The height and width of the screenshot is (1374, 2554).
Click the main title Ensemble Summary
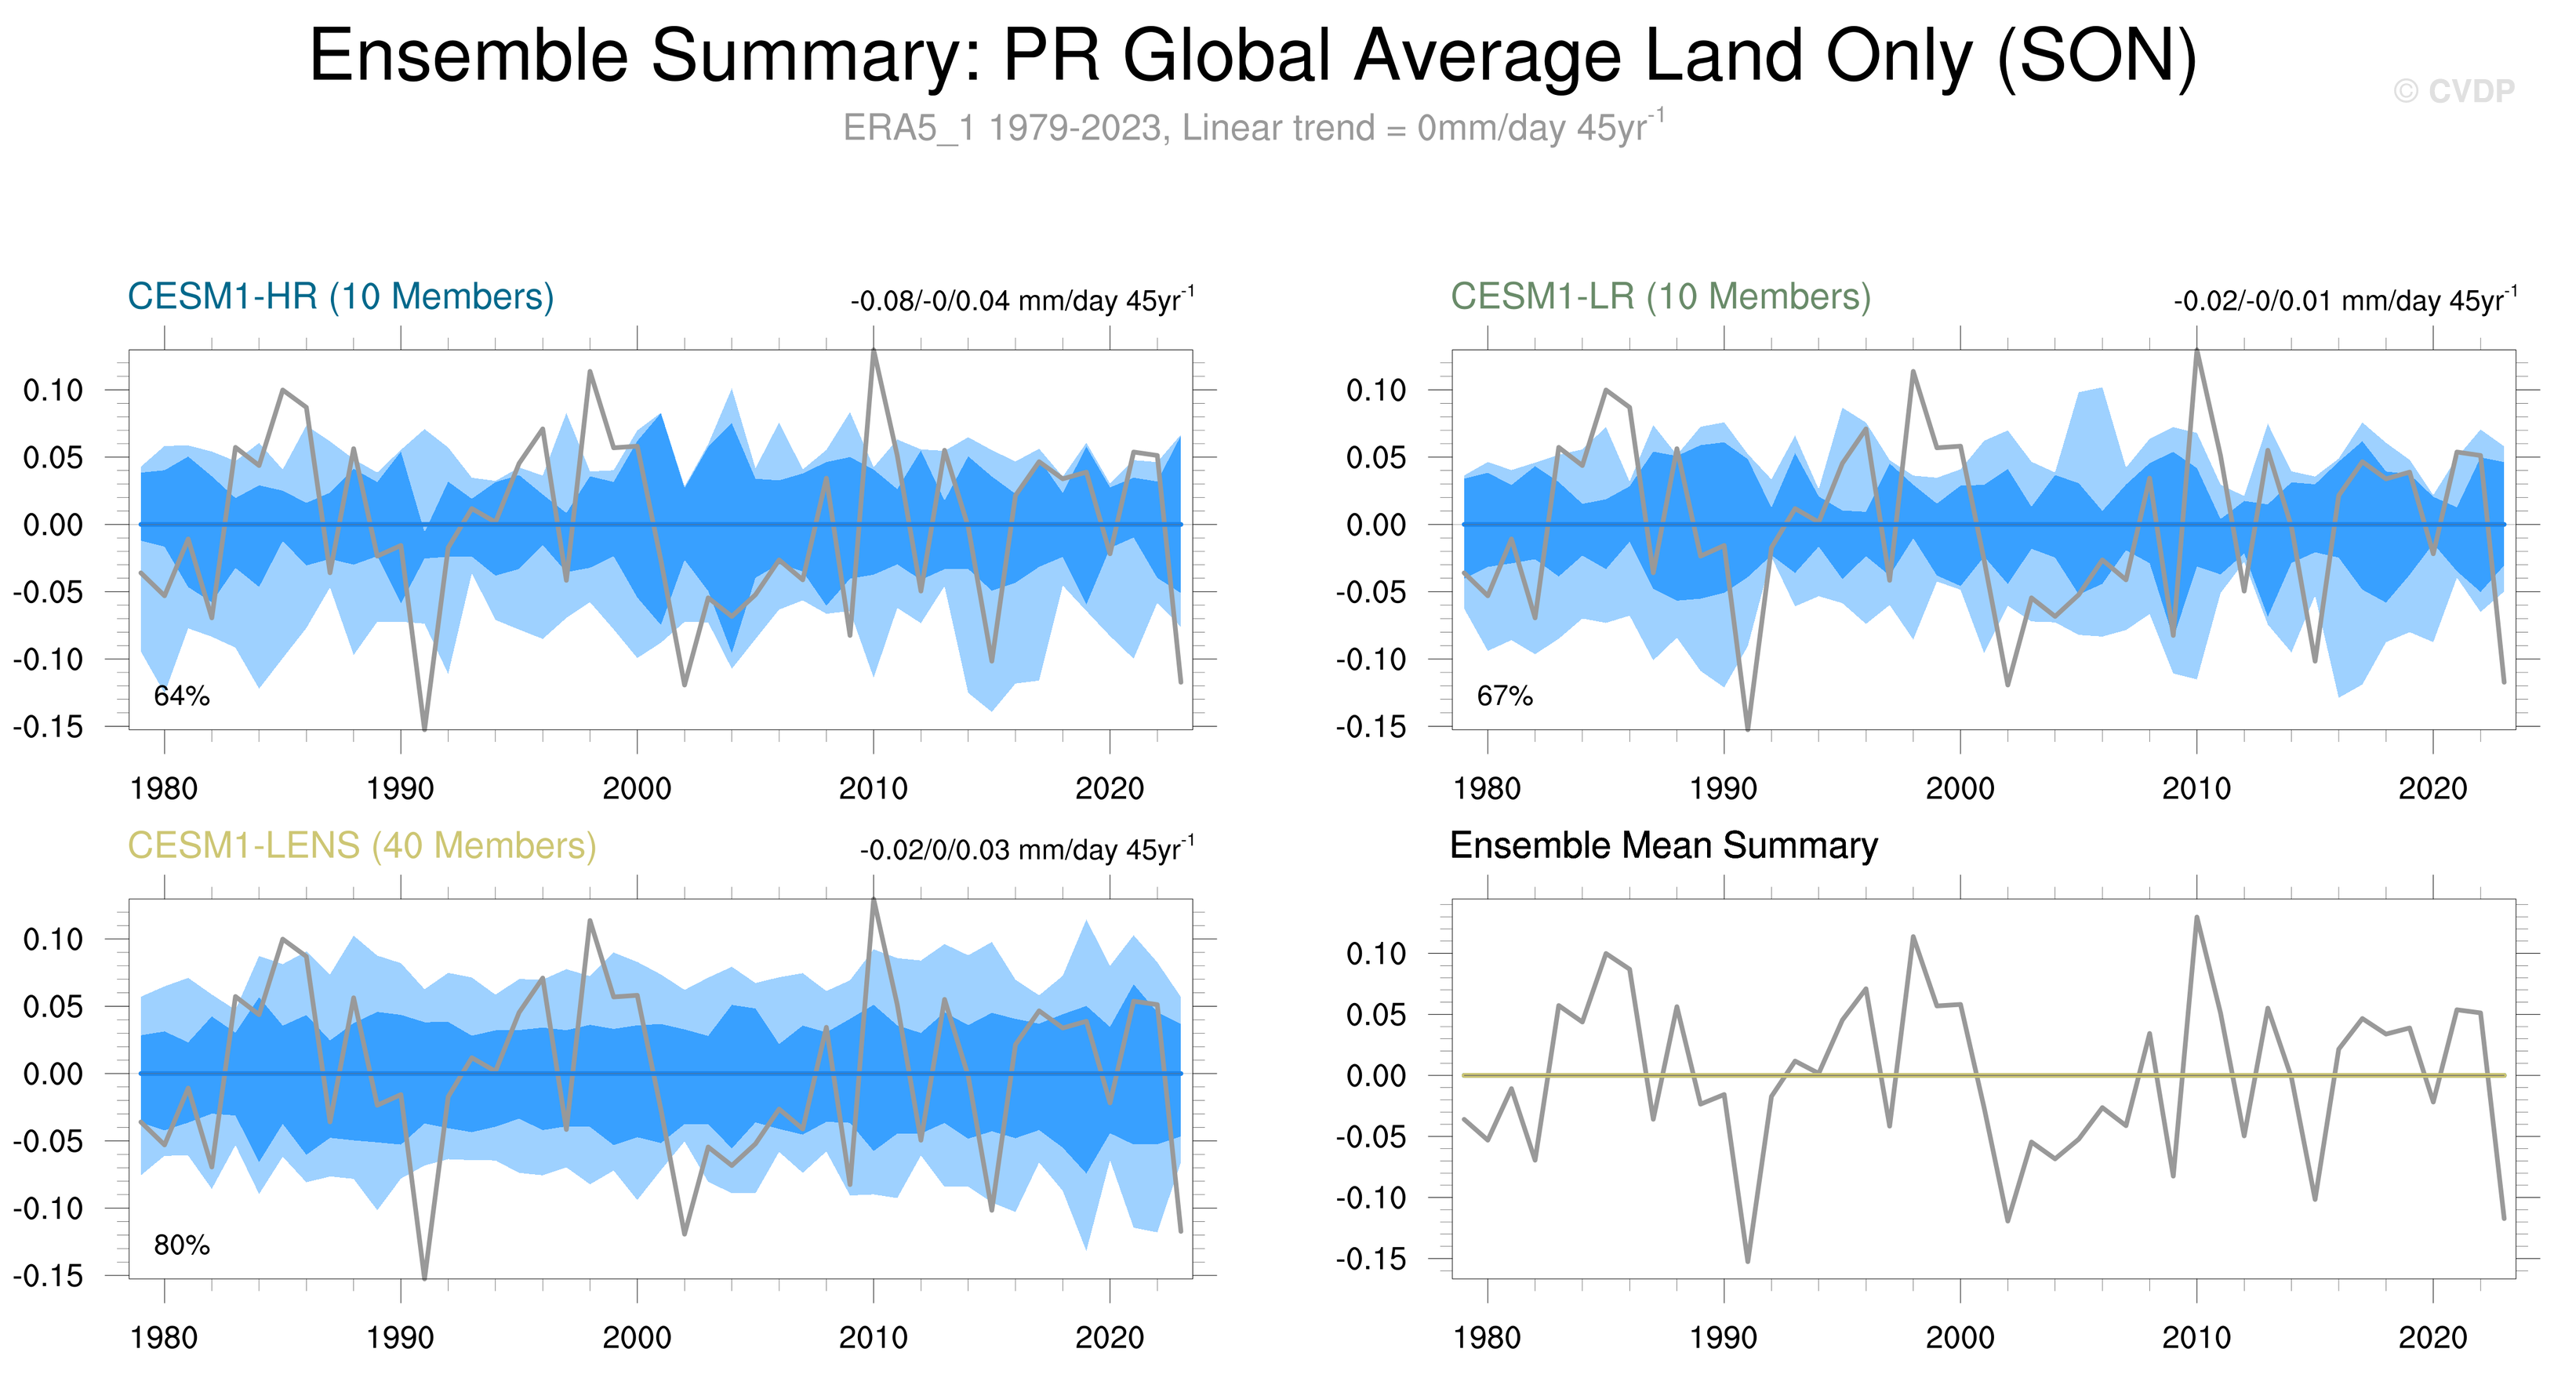(x=1253, y=56)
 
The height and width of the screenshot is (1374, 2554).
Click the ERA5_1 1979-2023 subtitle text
(x=1253, y=128)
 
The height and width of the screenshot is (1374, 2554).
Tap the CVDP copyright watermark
(x=2453, y=91)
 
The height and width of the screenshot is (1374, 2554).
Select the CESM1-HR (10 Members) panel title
(x=340, y=296)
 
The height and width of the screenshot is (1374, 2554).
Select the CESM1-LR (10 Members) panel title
(x=1661, y=296)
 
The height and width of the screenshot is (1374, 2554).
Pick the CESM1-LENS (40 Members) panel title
(x=361, y=845)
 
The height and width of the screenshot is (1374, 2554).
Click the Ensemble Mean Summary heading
(x=1664, y=845)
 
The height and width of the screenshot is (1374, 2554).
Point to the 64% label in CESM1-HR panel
(x=181, y=696)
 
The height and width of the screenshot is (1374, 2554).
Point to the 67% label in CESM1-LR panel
(x=1504, y=696)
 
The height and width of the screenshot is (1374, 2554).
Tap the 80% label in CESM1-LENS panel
(x=181, y=1245)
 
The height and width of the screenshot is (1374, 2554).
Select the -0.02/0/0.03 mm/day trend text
(x=1027, y=849)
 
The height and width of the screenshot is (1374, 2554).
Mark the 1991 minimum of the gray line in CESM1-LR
(x=1747, y=729)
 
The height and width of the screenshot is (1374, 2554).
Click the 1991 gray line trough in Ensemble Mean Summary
(x=1747, y=1261)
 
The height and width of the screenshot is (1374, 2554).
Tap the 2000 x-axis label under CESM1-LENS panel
(x=637, y=1337)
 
